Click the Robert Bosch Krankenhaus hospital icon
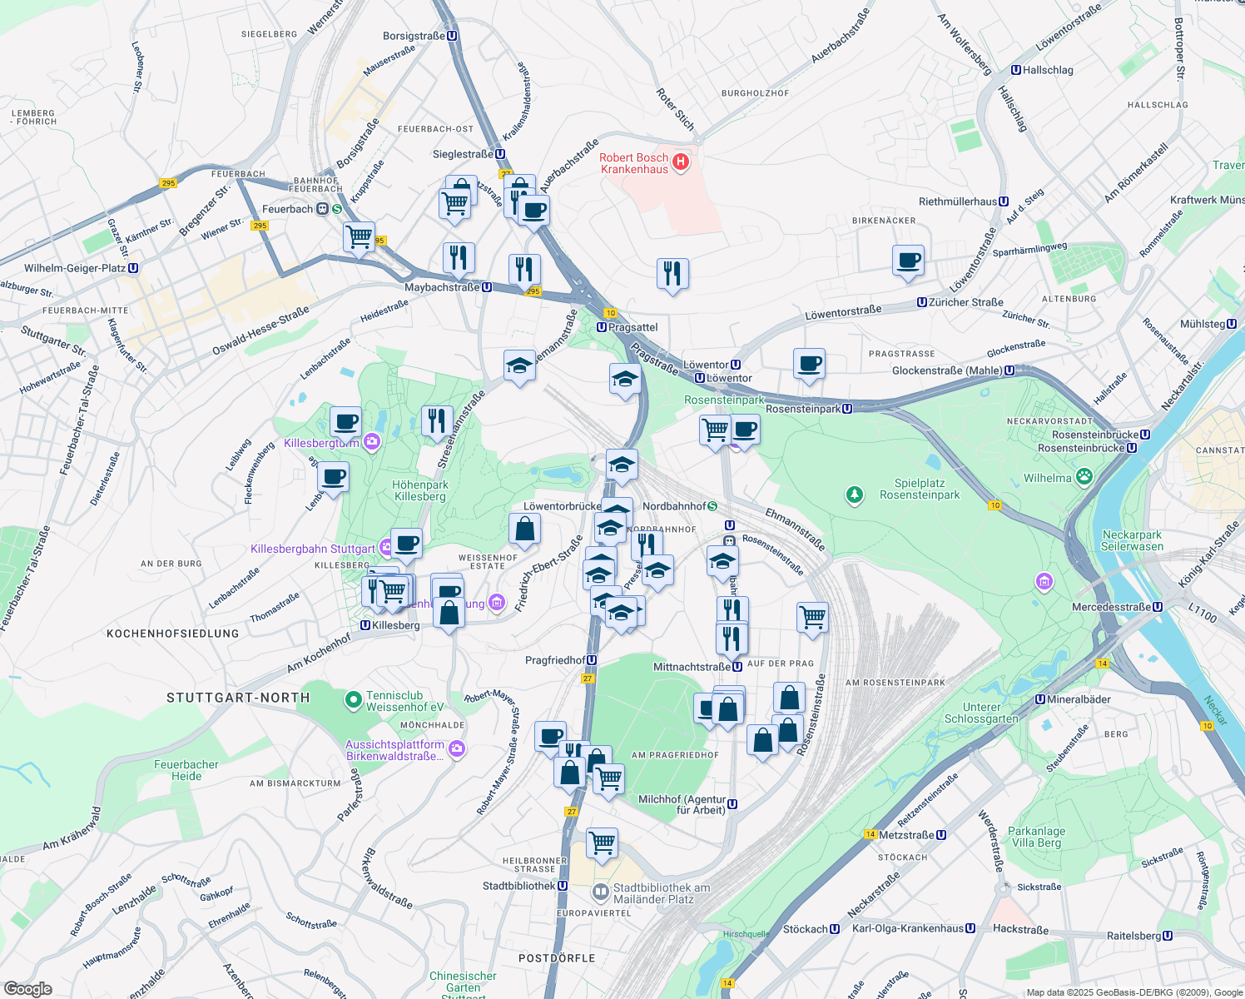click(x=681, y=162)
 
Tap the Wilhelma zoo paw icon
click(x=1084, y=477)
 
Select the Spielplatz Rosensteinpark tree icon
click(x=854, y=495)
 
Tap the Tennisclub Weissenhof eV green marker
click(x=353, y=701)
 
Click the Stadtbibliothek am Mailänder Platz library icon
click(x=600, y=893)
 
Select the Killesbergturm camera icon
click(x=372, y=442)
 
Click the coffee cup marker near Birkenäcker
click(x=909, y=260)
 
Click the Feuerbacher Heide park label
click(x=186, y=770)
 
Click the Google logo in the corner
click(x=27, y=988)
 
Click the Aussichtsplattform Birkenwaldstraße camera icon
click(x=456, y=750)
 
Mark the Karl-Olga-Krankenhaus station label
click(x=913, y=928)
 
